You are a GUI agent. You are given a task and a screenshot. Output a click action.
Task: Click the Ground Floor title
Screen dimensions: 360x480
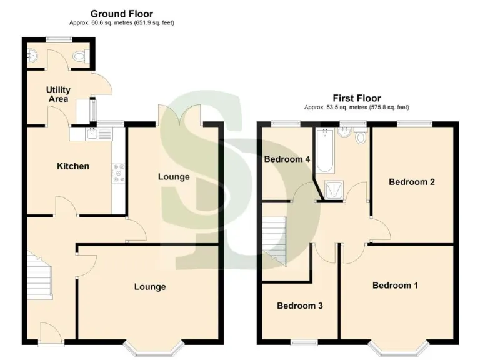click(x=121, y=13)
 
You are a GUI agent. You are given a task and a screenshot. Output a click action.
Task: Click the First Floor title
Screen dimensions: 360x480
click(x=356, y=98)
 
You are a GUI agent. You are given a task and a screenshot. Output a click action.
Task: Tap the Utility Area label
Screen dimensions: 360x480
click(x=58, y=94)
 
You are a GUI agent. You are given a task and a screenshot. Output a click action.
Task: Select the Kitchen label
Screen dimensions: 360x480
click(x=73, y=166)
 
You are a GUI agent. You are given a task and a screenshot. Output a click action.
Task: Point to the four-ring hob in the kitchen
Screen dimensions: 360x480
click(x=118, y=173)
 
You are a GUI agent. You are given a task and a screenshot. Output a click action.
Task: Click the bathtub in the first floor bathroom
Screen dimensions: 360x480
click(x=324, y=151)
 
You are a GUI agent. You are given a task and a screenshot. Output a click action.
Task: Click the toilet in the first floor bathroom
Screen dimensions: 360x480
click(x=359, y=138)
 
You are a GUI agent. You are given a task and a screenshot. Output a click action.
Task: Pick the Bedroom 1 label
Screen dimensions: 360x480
click(x=395, y=286)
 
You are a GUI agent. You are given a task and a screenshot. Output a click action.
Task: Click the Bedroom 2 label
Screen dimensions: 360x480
click(x=411, y=182)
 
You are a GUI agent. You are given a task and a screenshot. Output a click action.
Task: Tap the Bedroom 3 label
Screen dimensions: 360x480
click(x=299, y=306)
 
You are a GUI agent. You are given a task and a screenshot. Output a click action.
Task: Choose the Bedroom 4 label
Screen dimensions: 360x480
click(x=287, y=159)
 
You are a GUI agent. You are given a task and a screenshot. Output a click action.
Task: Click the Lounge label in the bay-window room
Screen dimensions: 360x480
click(x=150, y=287)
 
